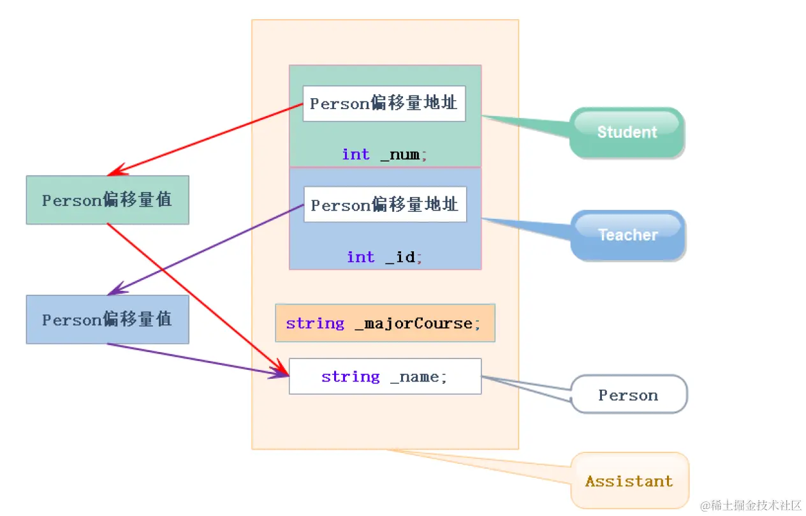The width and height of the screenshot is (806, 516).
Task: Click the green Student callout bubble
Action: click(627, 132)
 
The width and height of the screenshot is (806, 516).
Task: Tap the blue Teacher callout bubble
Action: click(627, 235)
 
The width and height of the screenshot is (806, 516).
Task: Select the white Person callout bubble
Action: click(628, 395)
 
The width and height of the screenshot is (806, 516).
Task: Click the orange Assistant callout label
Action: click(629, 481)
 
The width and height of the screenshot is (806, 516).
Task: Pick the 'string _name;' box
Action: click(385, 376)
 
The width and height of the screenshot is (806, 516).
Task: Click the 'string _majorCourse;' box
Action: click(385, 323)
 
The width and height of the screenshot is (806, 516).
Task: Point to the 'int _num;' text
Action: click(385, 154)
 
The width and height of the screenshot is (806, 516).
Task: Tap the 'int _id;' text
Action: click(385, 257)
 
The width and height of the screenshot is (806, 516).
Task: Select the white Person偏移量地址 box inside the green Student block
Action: click(384, 103)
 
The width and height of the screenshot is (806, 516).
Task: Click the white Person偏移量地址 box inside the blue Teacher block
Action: click(385, 205)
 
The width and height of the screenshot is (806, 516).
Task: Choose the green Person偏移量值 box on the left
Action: click(107, 200)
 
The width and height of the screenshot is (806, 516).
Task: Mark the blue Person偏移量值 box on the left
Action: click(107, 320)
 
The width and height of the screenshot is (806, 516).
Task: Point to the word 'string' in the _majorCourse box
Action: click(315, 323)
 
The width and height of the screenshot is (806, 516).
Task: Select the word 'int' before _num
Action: click(355, 154)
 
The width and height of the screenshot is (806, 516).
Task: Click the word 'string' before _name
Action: click(350, 376)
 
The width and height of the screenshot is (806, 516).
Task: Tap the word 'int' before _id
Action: click(360, 257)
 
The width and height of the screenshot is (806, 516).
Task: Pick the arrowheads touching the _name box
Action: click(282, 373)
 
